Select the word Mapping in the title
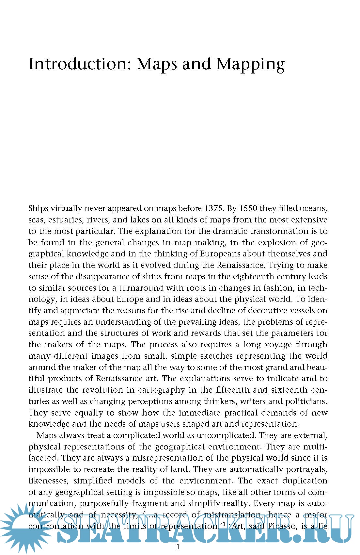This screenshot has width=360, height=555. pos(250,64)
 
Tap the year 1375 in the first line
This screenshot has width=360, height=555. pos(214,208)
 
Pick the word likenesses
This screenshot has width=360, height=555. pos(48,481)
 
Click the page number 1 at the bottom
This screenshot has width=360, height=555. pos(178,547)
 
